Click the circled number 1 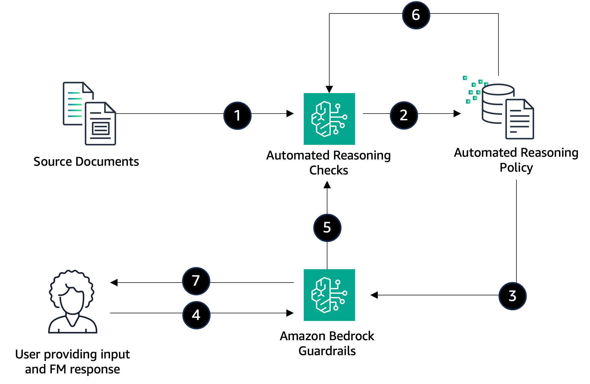pos(237,116)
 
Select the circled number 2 pos(404,115)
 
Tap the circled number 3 pos(513,296)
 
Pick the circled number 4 pos(196,315)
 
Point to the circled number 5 pos(327,228)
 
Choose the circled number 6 pos(416,15)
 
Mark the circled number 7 pos(196,281)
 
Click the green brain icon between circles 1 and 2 pos(329,119)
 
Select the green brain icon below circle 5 pos(329,295)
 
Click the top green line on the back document pos(74,93)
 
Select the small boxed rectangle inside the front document pos(101,129)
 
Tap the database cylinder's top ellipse pos(498,90)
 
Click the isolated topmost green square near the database pos(465,78)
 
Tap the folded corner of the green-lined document pos(88,88)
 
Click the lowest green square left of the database pos(468,102)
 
